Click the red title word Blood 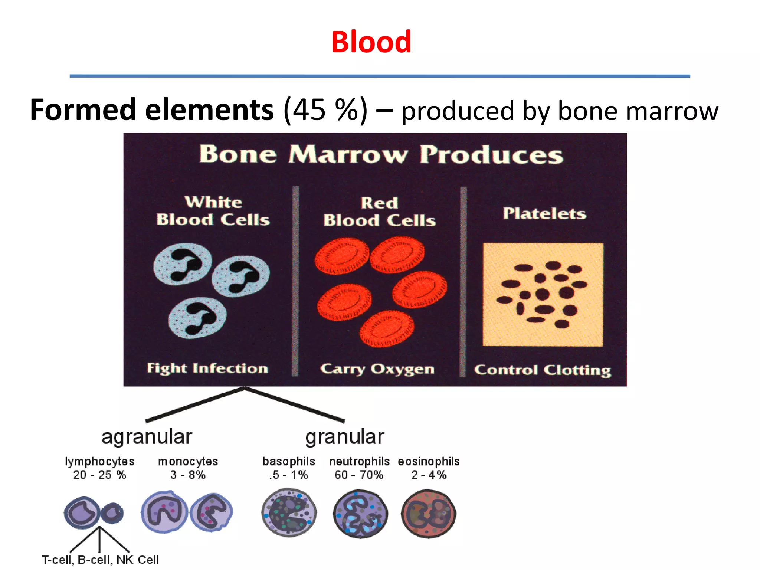tap(371, 42)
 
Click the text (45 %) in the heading tap(325, 110)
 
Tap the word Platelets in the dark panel tap(544, 213)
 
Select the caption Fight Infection tap(207, 368)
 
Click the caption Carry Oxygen tap(377, 369)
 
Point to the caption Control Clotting tap(542, 370)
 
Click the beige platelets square tap(543, 295)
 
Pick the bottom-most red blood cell tap(387, 328)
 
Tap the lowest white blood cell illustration tap(197, 318)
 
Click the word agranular tap(147, 437)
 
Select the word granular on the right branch tap(344, 437)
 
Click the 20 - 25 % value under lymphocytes tap(99, 475)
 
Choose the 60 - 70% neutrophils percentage tap(359, 475)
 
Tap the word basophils tap(289, 461)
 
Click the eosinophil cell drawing tap(429, 514)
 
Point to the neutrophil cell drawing tap(360, 514)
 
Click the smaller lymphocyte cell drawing tap(112, 513)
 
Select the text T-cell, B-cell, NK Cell tap(100, 560)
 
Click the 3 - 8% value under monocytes tap(188, 475)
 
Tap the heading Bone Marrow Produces tap(381, 154)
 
